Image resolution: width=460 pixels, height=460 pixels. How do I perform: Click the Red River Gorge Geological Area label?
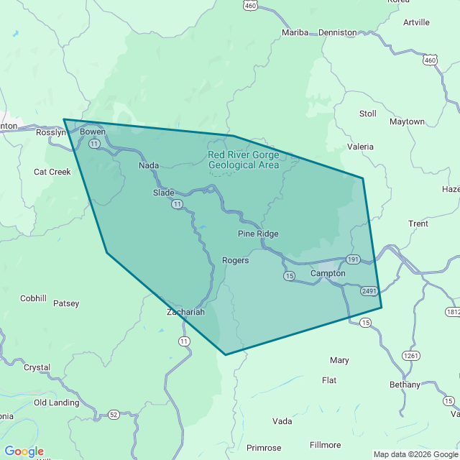point(243,160)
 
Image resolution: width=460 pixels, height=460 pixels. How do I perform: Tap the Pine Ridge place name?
point(258,234)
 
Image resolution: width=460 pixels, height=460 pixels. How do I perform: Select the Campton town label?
point(328,274)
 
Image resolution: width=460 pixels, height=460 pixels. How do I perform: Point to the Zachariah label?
point(185,312)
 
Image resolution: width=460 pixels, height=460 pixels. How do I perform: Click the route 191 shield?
point(352,259)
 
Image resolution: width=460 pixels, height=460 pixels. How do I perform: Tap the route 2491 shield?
point(369,291)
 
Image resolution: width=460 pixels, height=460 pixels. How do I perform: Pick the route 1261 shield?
point(411,355)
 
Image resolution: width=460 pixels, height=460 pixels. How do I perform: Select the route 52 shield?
point(114,415)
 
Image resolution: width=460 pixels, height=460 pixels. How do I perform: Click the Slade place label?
point(164,193)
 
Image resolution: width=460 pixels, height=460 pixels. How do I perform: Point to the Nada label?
point(149,166)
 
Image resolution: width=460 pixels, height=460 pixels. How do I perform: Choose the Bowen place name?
point(93,132)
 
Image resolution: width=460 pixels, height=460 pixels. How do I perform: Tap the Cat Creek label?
point(52,172)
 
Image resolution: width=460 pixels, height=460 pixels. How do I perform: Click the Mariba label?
point(295,33)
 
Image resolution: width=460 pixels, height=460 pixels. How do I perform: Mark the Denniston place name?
point(338,33)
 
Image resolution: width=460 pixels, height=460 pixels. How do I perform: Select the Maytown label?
point(407,122)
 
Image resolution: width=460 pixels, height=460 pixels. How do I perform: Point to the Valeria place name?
point(360,147)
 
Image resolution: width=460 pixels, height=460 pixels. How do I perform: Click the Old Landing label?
point(56,403)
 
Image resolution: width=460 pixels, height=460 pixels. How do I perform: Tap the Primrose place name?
point(264,448)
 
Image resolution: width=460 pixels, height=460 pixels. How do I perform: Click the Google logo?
point(24,451)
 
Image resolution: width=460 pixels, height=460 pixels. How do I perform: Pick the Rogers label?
point(235,260)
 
